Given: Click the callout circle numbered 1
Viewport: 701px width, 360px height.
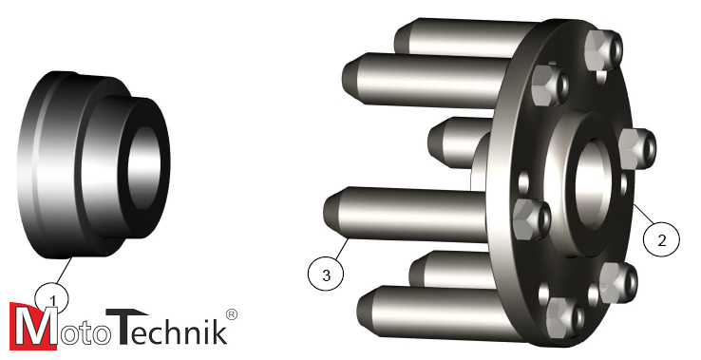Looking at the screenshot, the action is pos(52,297).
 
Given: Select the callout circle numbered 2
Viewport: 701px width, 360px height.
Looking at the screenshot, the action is pos(661,239).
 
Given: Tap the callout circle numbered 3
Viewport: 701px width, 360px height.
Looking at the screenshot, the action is pos(326,273).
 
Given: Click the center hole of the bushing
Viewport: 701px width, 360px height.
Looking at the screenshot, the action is pos(144,164).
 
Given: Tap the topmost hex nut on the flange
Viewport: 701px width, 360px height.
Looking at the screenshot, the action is pos(603,49).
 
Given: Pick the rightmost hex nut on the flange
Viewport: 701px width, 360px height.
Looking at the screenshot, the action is pos(637,148).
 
